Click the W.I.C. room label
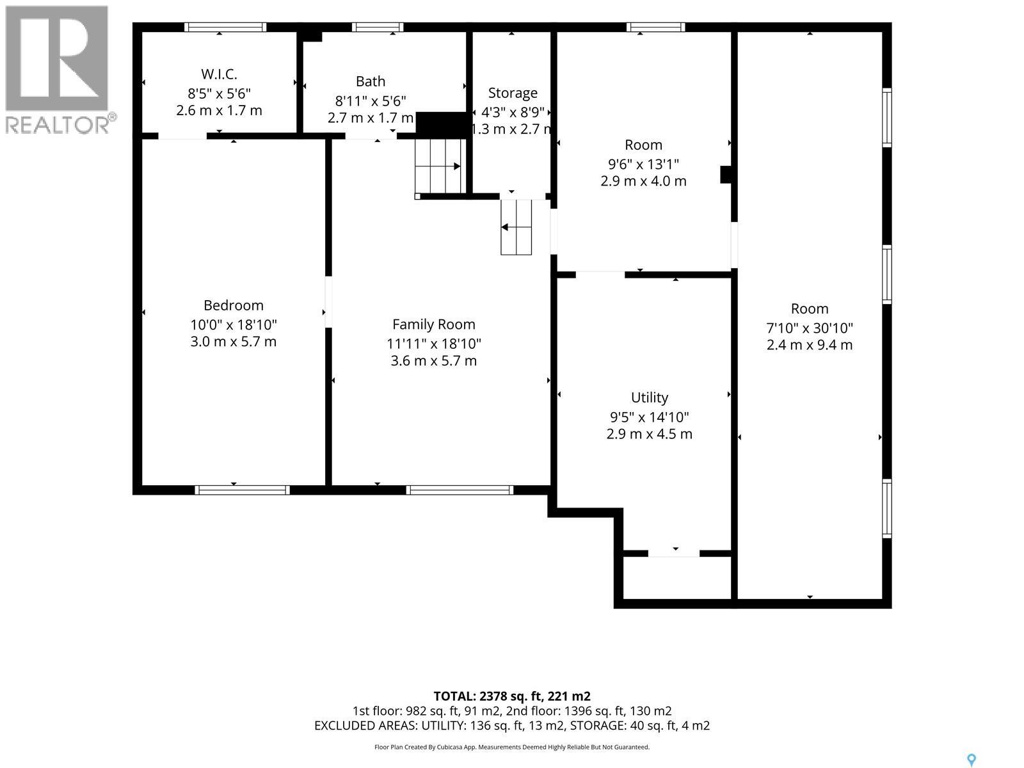coord(219,74)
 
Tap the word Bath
coord(371,82)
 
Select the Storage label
coord(513,93)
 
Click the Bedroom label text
coord(233,305)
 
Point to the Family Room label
coord(433,324)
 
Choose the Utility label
coord(650,397)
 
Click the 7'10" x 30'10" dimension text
coord(810,328)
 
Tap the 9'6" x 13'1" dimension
coord(643,164)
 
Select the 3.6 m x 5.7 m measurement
coord(433,361)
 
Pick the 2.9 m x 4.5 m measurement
coord(649,434)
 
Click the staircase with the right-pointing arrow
coord(440,166)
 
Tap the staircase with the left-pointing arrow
coord(516,227)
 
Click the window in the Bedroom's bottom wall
coord(242,490)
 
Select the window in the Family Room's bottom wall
coord(460,490)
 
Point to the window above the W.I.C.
coord(225,27)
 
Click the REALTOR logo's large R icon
coord(57,58)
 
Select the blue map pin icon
coord(972,748)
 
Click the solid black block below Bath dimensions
coord(442,125)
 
